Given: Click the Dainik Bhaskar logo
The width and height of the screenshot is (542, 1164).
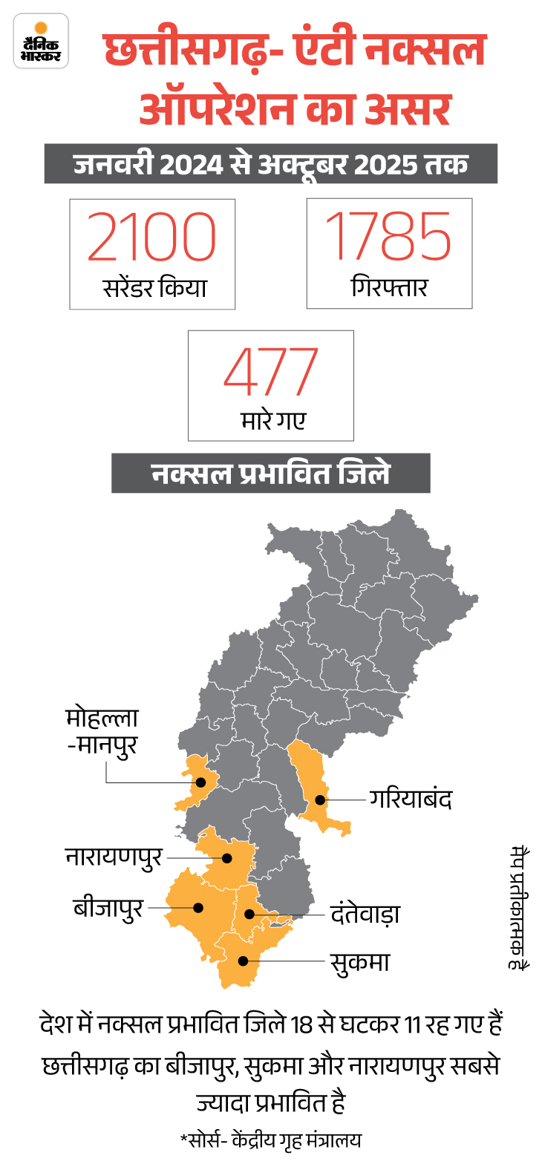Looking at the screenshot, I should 42,41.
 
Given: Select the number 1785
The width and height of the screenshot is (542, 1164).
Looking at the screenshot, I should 389,236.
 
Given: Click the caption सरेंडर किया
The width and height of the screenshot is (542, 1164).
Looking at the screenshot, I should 153,287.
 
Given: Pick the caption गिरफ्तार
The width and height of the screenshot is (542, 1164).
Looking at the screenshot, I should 389,287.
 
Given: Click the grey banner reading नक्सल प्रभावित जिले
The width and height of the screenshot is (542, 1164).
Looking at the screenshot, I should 271,473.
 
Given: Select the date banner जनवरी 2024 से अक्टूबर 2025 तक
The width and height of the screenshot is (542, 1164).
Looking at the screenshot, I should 271,164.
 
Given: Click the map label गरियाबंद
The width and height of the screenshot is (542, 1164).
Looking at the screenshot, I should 410,800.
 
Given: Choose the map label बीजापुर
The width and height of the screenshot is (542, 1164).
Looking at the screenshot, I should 108,907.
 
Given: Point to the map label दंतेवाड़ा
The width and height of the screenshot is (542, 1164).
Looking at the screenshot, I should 365,914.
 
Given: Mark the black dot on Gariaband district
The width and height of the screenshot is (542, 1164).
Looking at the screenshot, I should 319,800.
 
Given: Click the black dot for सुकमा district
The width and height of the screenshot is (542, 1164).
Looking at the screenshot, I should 243,961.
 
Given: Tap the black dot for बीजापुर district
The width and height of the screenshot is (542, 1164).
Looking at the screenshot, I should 198,906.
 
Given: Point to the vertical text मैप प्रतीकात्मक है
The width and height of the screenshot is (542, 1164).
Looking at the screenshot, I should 517,906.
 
